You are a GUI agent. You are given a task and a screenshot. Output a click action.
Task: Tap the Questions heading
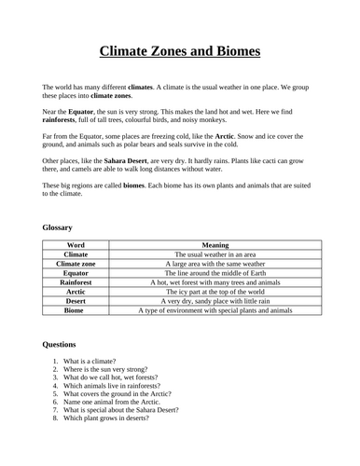click(x=61, y=344)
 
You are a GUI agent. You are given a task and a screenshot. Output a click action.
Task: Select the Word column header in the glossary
click(x=76, y=244)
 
